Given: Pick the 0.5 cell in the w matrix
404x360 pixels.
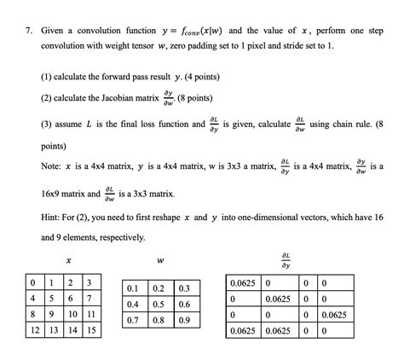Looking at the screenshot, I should click(159, 304).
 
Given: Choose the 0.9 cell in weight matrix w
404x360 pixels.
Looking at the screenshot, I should click(184, 320).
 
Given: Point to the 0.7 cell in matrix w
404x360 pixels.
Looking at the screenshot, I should click(134, 320).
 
